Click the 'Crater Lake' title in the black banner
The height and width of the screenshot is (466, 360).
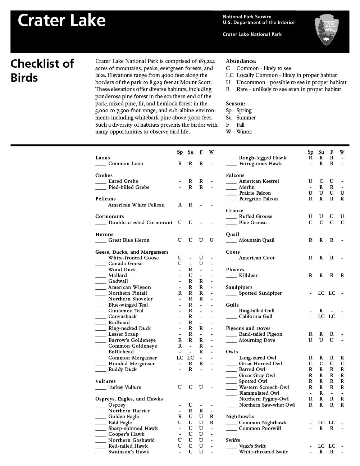[x=61, y=21]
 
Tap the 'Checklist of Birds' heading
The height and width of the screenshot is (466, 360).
[x=42, y=71]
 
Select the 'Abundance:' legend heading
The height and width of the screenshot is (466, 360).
[x=241, y=61]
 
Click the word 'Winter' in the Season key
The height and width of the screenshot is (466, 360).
[x=244, y=132]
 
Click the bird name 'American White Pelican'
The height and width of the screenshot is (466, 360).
[x=136, y=205]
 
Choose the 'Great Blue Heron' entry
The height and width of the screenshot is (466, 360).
[x=129, y=240]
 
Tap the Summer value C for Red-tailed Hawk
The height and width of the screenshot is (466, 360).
[x=191, y=446]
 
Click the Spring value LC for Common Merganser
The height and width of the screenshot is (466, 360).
[x=180, y=358]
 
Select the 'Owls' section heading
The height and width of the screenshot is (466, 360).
[x=232, y=352]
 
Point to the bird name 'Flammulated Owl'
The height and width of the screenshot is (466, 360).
[x=259, y=393]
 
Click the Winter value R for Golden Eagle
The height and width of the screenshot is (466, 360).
[x=211, y=416]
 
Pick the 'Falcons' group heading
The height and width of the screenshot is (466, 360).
[x=235, y=175]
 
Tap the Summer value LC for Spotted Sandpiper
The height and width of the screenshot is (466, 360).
[x=321, y=293]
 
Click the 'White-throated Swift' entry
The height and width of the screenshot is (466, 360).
[x=263, y=452]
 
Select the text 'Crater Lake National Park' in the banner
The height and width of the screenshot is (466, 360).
[x=252, y=34]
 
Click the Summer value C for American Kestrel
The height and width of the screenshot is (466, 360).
[x=321, y=181]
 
